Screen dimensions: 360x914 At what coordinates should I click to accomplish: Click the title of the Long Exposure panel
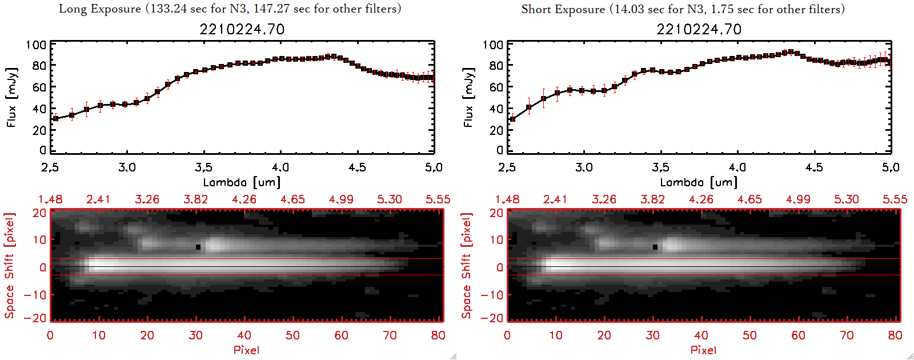click(230, 9)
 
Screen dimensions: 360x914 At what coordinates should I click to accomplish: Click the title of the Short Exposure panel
click(683, 9)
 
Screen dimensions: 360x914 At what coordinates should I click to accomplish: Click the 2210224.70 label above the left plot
click(242, 29)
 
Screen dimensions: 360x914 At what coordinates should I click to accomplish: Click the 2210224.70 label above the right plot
click(699, 29)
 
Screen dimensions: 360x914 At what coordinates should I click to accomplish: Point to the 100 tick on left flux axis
click(36, 45)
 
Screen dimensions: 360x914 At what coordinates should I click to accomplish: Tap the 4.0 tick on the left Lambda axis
click(280, 167)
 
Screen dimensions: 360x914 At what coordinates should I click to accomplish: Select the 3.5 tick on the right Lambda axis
click(660, 167)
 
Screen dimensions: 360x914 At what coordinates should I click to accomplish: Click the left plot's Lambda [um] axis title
click(242, 182)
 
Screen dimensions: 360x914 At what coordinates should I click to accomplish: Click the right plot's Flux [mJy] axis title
click(468, 98)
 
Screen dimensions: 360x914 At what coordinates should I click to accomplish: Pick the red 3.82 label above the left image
click(195, 199)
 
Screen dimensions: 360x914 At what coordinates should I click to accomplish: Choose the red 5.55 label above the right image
click(895, 199)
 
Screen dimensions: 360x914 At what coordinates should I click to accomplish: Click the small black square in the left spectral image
click(198, 247)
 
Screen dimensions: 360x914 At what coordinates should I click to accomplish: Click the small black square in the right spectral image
click(655, 247)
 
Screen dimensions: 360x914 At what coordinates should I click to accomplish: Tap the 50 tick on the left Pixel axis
click(292, 335)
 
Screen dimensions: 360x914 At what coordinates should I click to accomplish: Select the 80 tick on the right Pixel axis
click(895, 335)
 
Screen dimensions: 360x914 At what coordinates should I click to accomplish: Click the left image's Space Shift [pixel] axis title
click(9, 266)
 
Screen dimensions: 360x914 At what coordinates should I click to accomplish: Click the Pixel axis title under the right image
click(703, 350)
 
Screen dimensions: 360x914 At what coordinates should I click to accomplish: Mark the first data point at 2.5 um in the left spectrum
click(55, 119)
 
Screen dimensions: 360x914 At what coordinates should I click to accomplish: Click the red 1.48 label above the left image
click(50, 199)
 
